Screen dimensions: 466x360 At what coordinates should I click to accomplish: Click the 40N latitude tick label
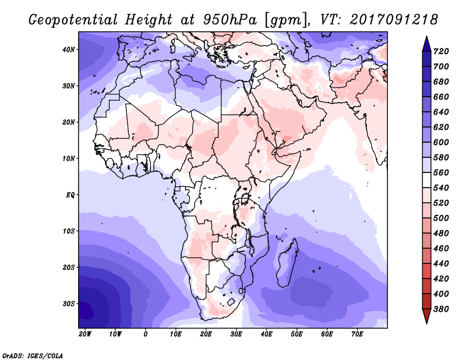point(68,50)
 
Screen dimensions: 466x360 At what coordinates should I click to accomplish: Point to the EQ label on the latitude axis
point(70,195)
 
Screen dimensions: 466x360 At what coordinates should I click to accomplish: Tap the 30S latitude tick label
point(68,304)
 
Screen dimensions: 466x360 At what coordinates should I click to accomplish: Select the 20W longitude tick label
point(85,334)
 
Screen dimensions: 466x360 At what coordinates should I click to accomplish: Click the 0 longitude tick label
point(145,334)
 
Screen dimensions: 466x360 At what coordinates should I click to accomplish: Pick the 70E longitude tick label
point(357,334)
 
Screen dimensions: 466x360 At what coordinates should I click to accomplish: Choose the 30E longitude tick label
point(236,334)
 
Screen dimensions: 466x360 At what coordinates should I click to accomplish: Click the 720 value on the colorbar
point(441,51)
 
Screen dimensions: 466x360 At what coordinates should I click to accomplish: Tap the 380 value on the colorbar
point(441,309)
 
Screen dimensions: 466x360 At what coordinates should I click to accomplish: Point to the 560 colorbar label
point(441,172)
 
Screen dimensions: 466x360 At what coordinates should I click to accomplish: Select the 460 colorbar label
point(441,249)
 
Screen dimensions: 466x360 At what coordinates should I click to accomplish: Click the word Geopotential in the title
point(73,20)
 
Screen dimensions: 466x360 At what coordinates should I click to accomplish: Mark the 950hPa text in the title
point(230,20)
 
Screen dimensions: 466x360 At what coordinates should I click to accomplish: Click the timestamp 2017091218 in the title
point(394,20)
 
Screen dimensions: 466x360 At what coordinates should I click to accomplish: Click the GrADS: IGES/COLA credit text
point(33,356)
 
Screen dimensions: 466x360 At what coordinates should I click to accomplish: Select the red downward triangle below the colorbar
point(426,316)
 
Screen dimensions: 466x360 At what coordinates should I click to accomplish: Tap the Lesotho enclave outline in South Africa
point(231,302)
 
